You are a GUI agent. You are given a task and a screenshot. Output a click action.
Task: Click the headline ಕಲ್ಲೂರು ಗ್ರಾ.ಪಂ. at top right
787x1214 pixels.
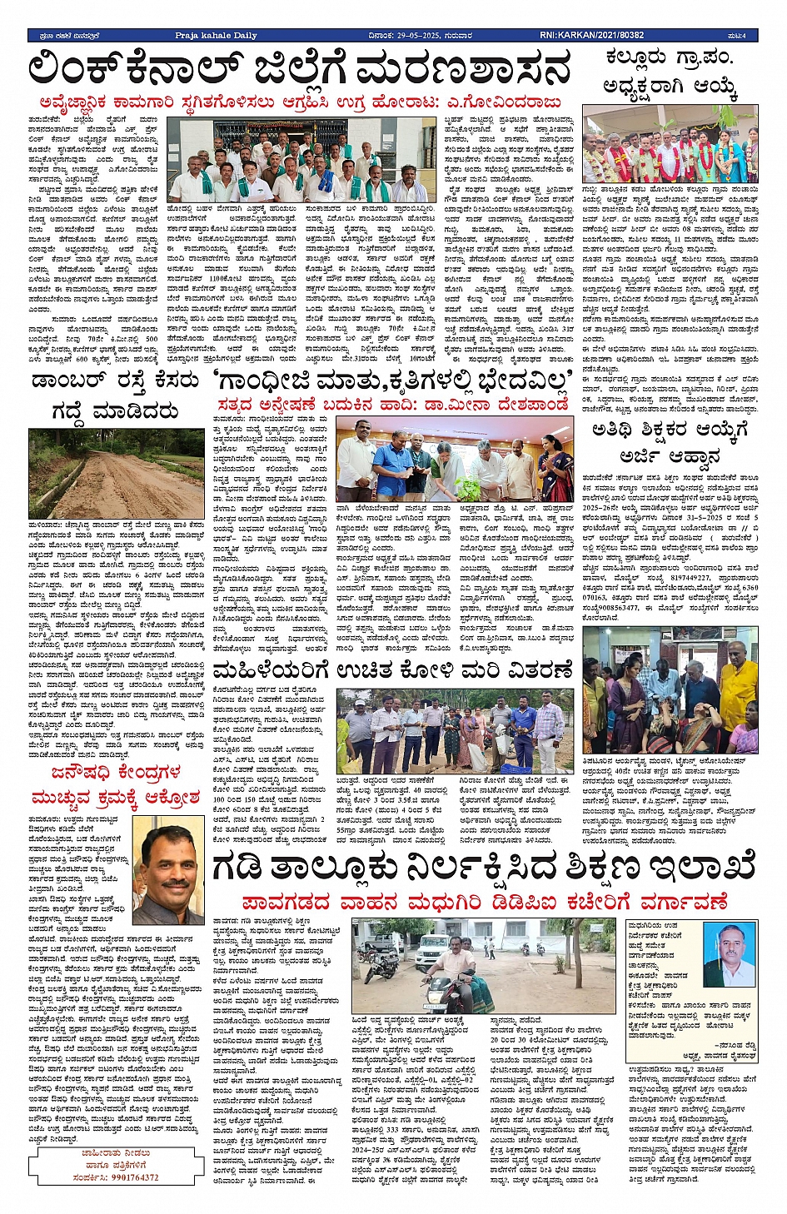coord(670,58)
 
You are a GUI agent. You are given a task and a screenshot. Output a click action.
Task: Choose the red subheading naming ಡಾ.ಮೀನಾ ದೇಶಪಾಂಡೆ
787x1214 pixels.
coord(392,405)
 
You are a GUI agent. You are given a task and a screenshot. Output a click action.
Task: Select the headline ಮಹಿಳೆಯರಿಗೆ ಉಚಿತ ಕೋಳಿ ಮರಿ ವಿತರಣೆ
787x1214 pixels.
coord(393,670)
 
